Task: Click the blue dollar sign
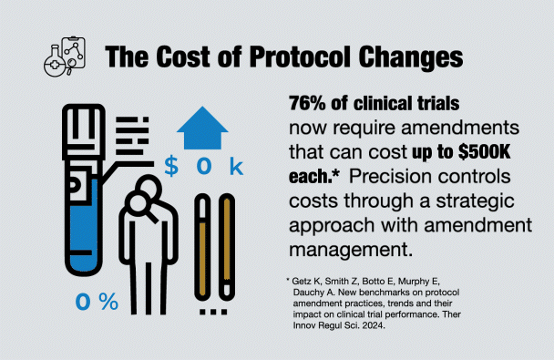pyautogui.click(x=171, y=167)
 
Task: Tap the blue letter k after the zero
pyautogui.click(x=236, y=167)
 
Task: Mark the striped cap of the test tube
pyautogui.click(x=86, y=123)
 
